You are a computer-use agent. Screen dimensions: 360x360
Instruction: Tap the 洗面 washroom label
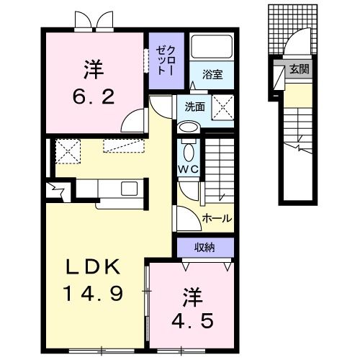[194, 106]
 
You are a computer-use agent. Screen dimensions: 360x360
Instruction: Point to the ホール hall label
[217, 217]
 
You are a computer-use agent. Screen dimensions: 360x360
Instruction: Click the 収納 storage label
[204, 248]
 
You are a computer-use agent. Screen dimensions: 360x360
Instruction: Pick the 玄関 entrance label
[298, 70]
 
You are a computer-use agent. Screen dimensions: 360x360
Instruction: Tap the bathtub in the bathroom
[211, 48]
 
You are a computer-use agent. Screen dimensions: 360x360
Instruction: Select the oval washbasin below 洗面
[189, 127]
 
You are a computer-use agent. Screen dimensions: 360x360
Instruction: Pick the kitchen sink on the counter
[129, 189]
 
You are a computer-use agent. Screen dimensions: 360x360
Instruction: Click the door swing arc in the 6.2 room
[130, 120]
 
